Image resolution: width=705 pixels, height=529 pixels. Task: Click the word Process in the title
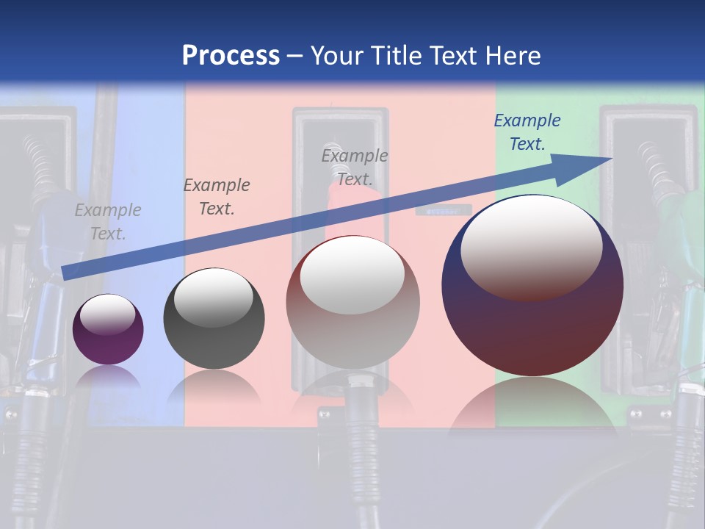[231, 56]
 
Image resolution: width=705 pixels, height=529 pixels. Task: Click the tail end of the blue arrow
[65, 273]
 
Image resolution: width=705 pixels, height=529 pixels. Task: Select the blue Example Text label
[527, 132]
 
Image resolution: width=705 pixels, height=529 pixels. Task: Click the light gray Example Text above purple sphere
[108, 222]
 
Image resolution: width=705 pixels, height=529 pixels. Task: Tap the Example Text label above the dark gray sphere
[217, 197]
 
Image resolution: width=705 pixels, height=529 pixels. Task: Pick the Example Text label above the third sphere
[355, 167]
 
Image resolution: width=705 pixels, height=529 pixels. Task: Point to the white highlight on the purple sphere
[107, 315]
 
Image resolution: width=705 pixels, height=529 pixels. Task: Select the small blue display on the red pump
[443, 210]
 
